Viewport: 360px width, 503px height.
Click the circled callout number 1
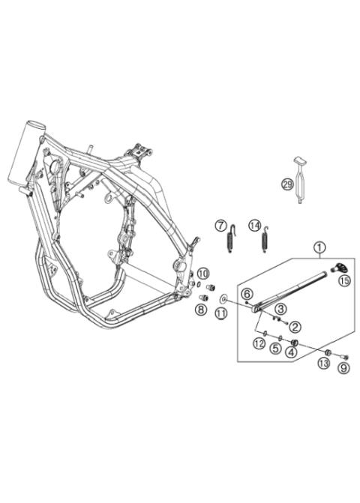tap(319, 247)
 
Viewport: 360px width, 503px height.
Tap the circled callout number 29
tap(286, 185)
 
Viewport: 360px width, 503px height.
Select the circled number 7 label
tap(220, 225)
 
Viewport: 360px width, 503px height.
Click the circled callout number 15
tap(344, 280)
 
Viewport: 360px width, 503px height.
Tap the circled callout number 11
tap(221, 314)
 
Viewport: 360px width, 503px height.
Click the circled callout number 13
tap(323, 363)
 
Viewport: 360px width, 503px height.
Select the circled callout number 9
tap(343, 368)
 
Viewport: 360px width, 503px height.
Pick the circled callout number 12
tap(258, 343)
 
